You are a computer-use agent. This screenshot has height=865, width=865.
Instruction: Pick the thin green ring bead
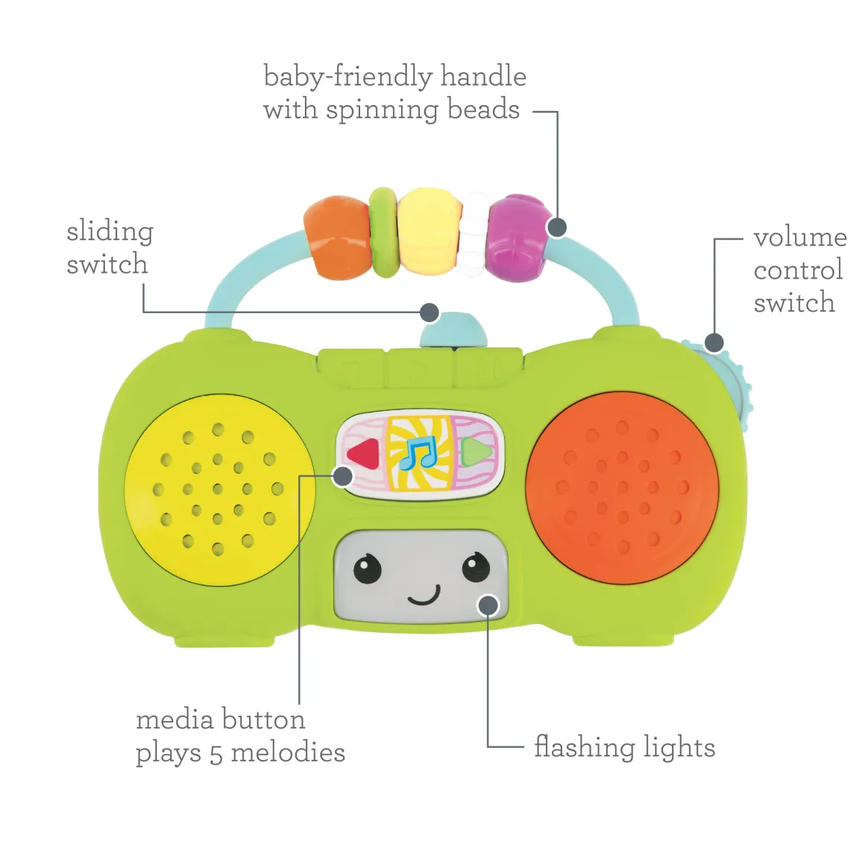[383, 232]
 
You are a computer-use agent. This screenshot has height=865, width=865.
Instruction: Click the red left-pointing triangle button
[362, 453]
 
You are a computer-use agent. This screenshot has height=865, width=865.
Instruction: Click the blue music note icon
[418, 453]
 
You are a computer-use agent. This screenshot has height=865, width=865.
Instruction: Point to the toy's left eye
[367, 569]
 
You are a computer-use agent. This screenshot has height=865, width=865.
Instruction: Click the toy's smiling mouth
[424, 596]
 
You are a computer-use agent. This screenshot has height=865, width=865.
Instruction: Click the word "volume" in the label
[799, 237]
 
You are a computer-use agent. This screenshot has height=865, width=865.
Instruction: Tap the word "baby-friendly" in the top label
[347, 76]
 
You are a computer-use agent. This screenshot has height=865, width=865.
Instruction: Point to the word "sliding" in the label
[110, 231]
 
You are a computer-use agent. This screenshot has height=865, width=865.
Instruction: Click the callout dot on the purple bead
[557, 227]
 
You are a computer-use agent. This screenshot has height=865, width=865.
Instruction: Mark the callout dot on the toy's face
[488, 605]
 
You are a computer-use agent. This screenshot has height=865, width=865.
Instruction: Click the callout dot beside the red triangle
[342, 475]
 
